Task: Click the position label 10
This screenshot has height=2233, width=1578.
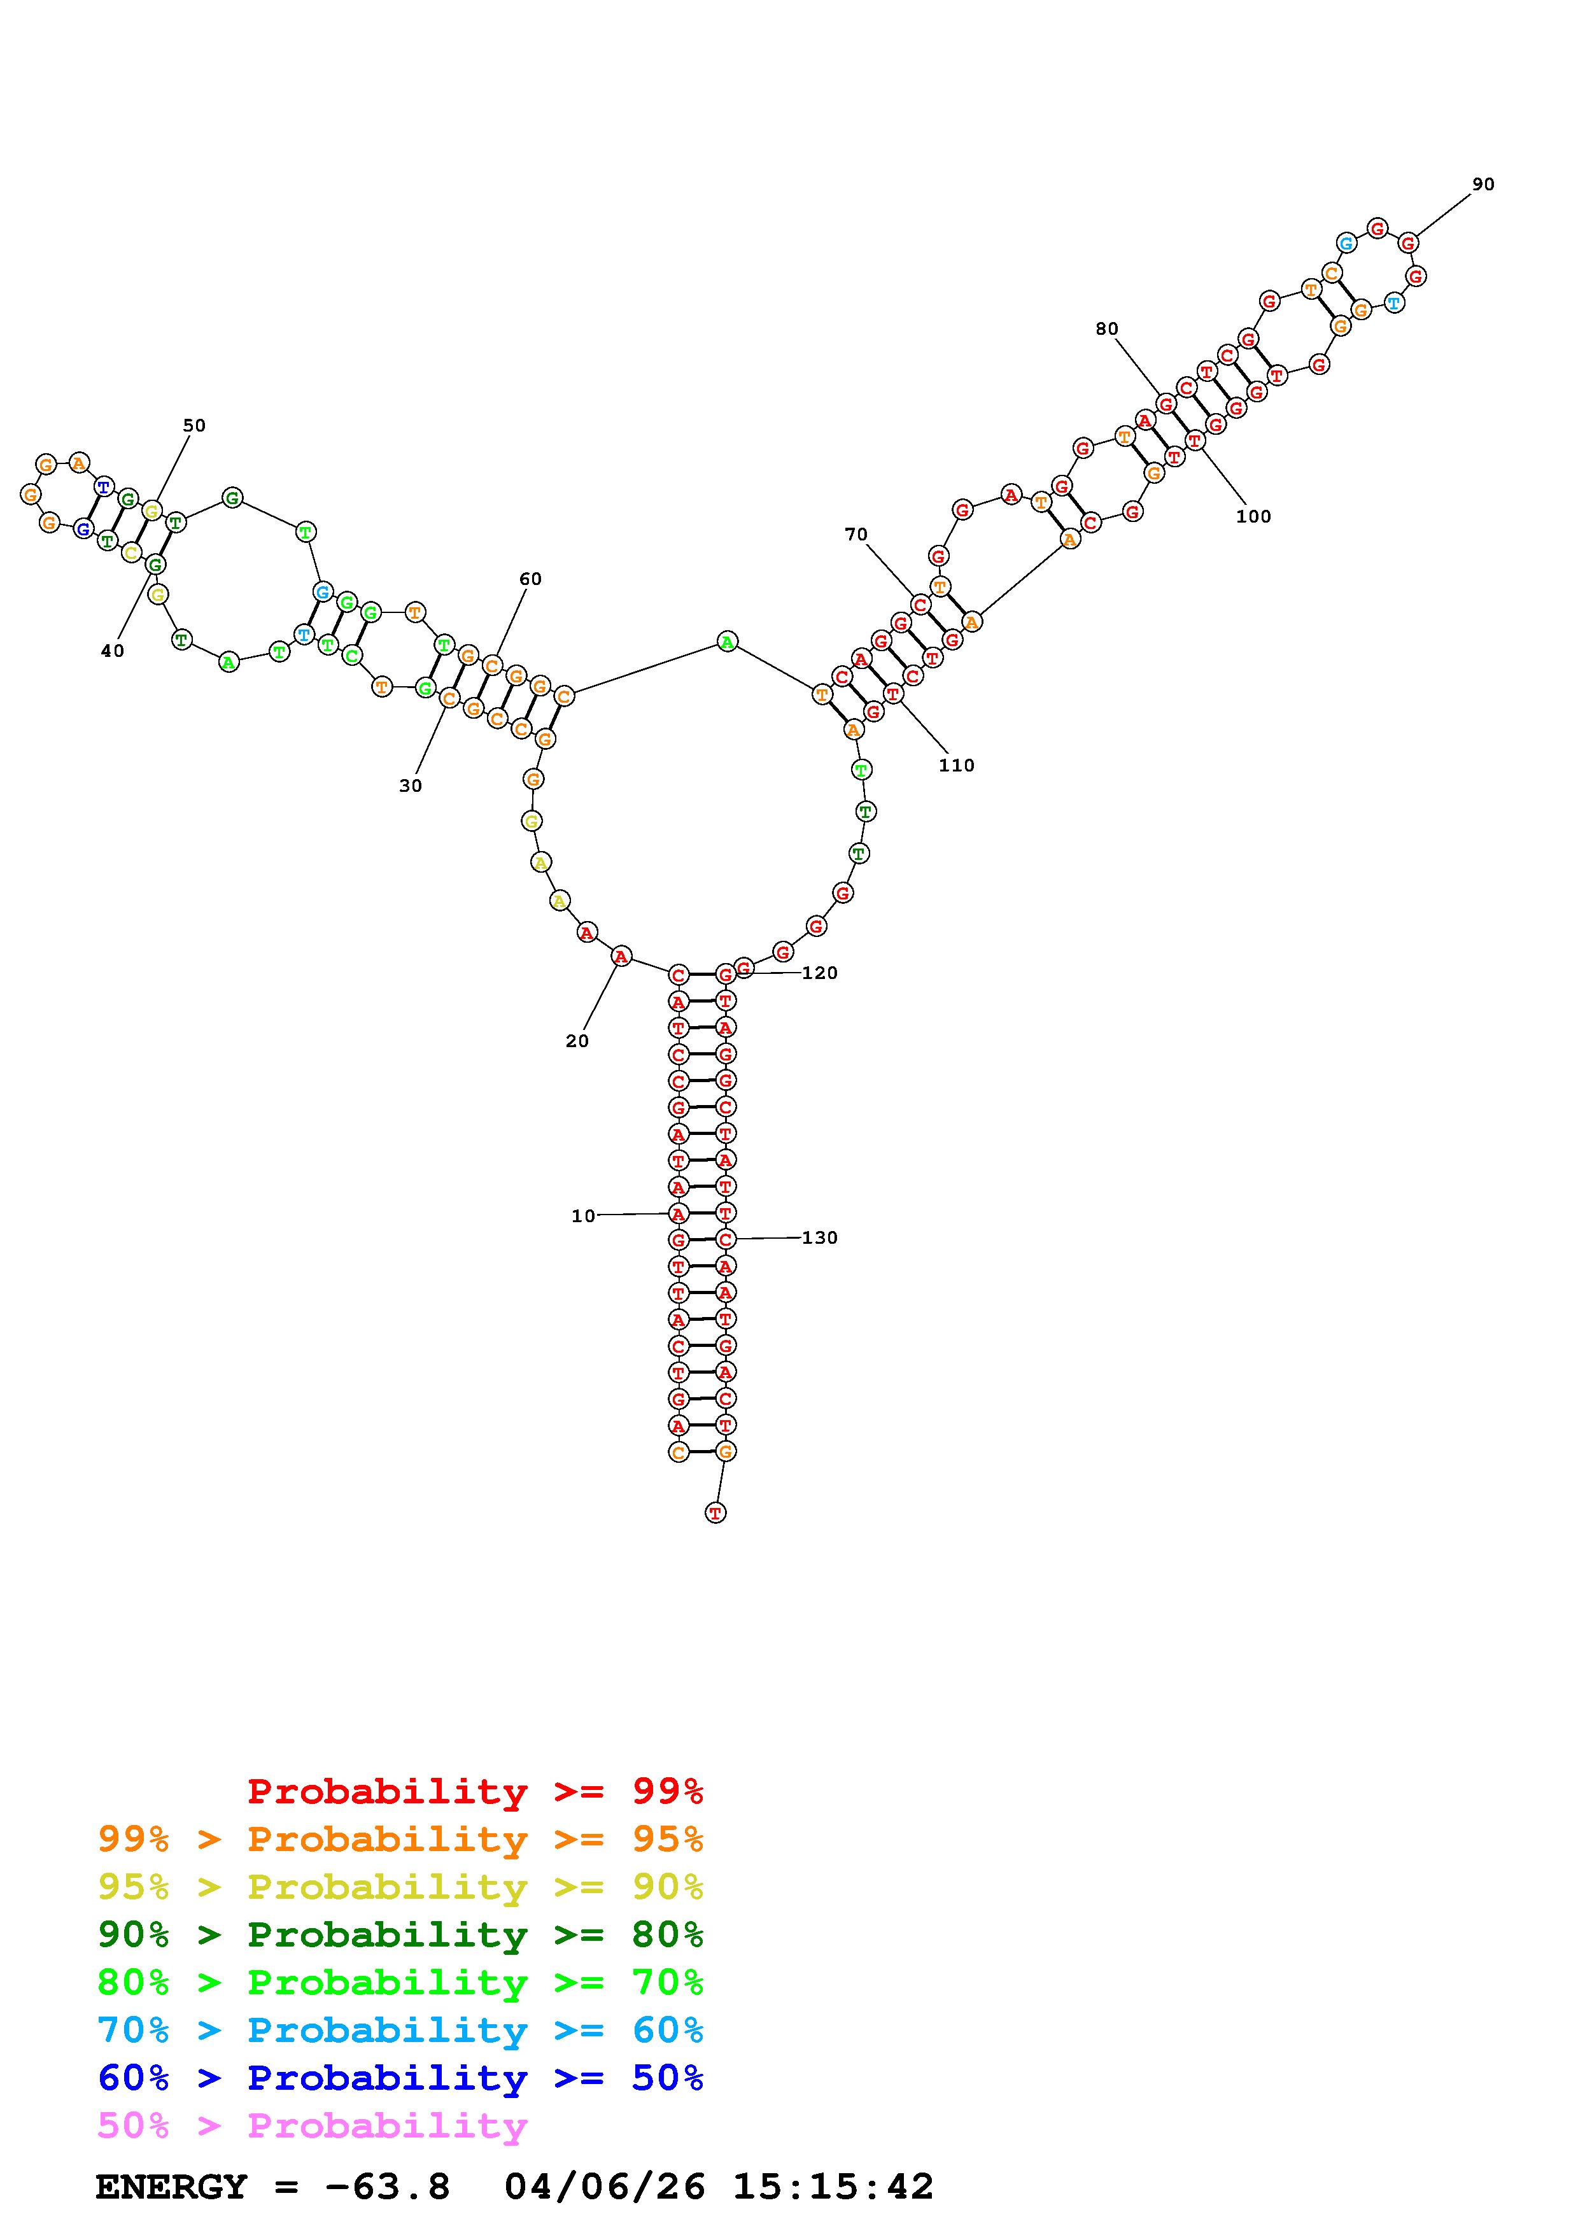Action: click(582, 1216)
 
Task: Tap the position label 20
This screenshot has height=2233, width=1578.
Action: click(577, 1041)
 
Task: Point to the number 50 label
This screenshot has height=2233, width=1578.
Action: click(194, 425)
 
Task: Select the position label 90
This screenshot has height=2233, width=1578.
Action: click(1483, 184)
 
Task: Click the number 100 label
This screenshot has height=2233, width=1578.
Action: click(1253, 516)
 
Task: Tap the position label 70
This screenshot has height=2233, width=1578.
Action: click(856, 534)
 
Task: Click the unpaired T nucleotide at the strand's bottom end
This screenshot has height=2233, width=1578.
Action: click(715, 1512)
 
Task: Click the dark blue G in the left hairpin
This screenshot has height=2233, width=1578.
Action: click(83, 529)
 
